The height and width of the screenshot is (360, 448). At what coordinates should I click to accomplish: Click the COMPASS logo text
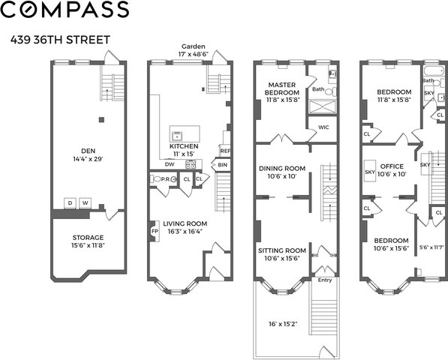coord(65,9)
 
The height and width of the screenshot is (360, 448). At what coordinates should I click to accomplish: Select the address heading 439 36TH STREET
coord(60,40)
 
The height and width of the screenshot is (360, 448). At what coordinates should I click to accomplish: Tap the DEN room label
coord(89,151)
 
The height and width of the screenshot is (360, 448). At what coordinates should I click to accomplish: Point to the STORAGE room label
coord(88,238)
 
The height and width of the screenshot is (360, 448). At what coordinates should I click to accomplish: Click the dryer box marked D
coord(70,203)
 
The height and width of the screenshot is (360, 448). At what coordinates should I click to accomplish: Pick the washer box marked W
coord(85,203)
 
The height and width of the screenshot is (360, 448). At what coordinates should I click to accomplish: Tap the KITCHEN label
coord(184,146)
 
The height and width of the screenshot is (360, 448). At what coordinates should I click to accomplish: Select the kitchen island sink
coord(177,136)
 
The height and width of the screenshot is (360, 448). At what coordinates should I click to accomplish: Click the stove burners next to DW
coord(191,164)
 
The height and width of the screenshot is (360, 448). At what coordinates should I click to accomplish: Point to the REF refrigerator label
coord(225,151)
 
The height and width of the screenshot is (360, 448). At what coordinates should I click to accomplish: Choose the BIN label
coord(223,165)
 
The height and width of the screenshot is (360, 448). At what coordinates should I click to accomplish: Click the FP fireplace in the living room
coord(155,231)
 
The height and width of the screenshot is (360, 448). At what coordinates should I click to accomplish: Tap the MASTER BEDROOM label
coord(281,88)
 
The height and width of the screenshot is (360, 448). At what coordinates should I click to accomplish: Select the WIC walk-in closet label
coord(323,127)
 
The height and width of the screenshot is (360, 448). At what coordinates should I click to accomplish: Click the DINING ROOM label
coord(282,169)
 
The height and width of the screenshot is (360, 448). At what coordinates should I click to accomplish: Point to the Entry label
coord(325,280)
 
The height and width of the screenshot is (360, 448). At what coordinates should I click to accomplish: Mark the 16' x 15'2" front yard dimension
coord(283,324)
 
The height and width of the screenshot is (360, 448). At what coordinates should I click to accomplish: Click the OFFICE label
coord(392,166)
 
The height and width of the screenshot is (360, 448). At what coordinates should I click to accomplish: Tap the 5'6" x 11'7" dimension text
coord(431,247)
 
